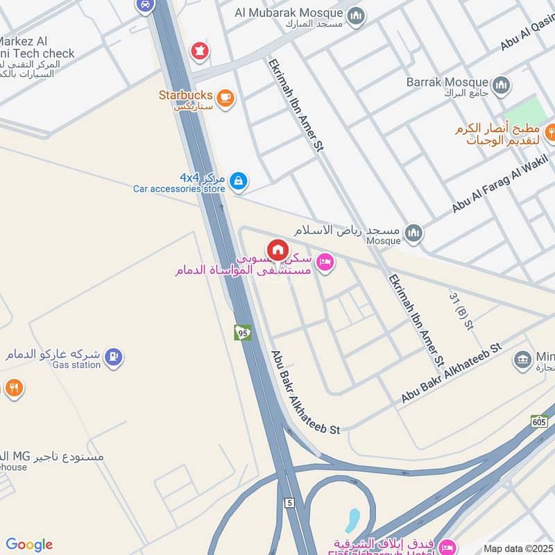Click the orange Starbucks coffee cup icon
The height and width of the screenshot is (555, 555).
tap(225, 98)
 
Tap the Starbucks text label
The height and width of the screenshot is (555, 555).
tap(184, 95)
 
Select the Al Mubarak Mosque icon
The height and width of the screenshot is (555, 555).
tap(356, 15)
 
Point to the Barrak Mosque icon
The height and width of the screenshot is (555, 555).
tap(502, 85)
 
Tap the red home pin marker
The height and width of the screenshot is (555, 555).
tap(277, 250)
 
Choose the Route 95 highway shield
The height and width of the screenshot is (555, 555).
tap(242, 332)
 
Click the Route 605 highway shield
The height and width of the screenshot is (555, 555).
tap(540, 420)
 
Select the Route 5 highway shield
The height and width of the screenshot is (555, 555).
tap(289, 502)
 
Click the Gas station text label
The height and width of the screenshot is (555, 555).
tap(77, 365)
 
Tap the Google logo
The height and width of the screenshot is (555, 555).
tap(29, 545)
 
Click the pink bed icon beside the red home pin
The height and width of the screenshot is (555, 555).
tap(324, 262)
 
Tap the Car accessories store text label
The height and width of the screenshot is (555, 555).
tap(179, 189)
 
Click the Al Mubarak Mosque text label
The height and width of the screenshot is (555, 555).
tap(289, 12)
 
